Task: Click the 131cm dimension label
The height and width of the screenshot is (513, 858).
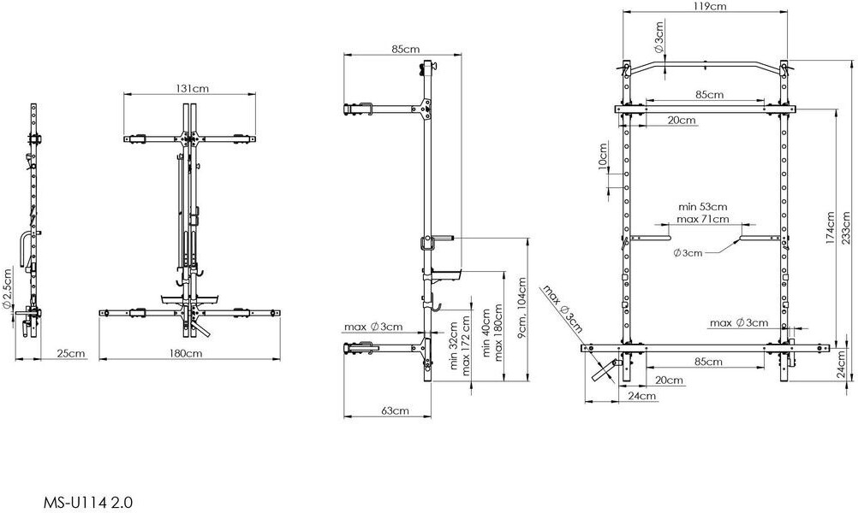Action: coord(192,88)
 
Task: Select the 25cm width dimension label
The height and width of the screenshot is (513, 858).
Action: coord(71,353)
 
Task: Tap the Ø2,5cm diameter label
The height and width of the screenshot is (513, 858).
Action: coord(8,289)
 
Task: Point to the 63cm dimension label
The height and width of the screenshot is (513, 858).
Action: coord(395,411)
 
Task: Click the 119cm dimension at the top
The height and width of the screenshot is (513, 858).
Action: coord(709,7)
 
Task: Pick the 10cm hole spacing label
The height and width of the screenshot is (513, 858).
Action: coord(603,157)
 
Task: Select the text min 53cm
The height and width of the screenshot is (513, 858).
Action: coord(703,207)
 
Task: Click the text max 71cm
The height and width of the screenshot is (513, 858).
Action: coord(703,219)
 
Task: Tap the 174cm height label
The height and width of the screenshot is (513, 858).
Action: coord(831,227)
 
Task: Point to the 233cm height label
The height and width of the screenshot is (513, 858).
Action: coord(846,227)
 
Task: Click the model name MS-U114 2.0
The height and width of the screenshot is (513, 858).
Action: coord(87,502)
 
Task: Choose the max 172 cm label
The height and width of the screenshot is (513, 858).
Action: coord(466,345)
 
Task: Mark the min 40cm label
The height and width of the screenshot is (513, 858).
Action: coord(486,333)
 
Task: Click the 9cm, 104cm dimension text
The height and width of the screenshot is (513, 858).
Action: coord(521,308)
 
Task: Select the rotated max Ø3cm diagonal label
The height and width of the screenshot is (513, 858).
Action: coord(563,309)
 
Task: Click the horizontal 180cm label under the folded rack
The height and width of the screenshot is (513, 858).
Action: coord(186,353)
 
